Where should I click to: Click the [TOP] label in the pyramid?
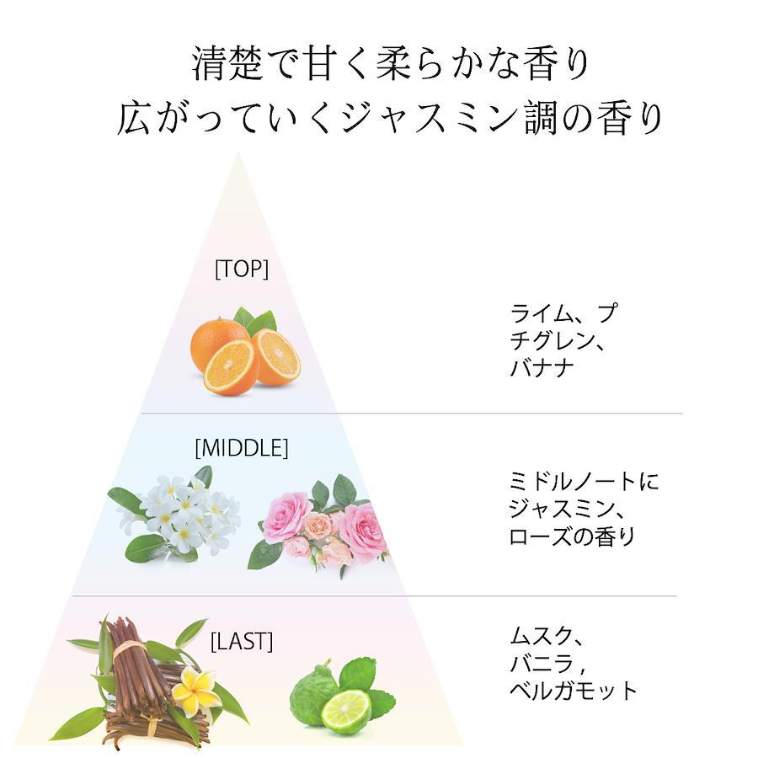pos(241,270)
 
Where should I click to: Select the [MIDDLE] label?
pos(242,448)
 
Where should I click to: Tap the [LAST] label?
pos(242,642)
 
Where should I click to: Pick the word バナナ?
pos(542,367)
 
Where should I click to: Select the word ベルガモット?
pos(574,691)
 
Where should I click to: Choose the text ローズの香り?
pos(572,536)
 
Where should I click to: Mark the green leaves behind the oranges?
pos(254,321)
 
